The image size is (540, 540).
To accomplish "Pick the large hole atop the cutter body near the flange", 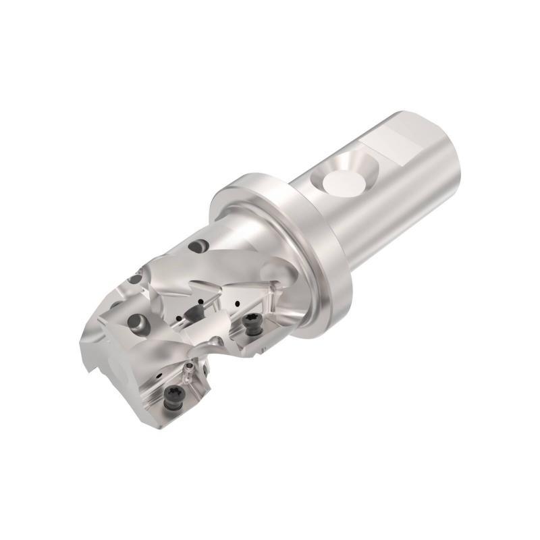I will pos(200,248).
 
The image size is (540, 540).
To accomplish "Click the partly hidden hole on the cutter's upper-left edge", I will pos(136,278).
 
